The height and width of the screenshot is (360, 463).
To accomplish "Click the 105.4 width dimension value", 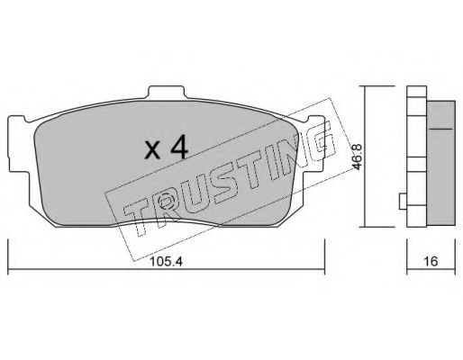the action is [x=166, y=262].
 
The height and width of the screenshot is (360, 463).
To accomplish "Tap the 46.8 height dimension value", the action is [x=359, y=157].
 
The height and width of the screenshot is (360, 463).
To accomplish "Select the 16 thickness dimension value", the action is [x=431, y=261].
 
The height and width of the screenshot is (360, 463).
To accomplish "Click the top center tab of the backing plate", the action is [x=166, y=92].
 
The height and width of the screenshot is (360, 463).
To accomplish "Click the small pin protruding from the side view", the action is [x=403, y=202].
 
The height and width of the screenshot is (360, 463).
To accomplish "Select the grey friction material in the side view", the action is [x=440, y=163].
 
